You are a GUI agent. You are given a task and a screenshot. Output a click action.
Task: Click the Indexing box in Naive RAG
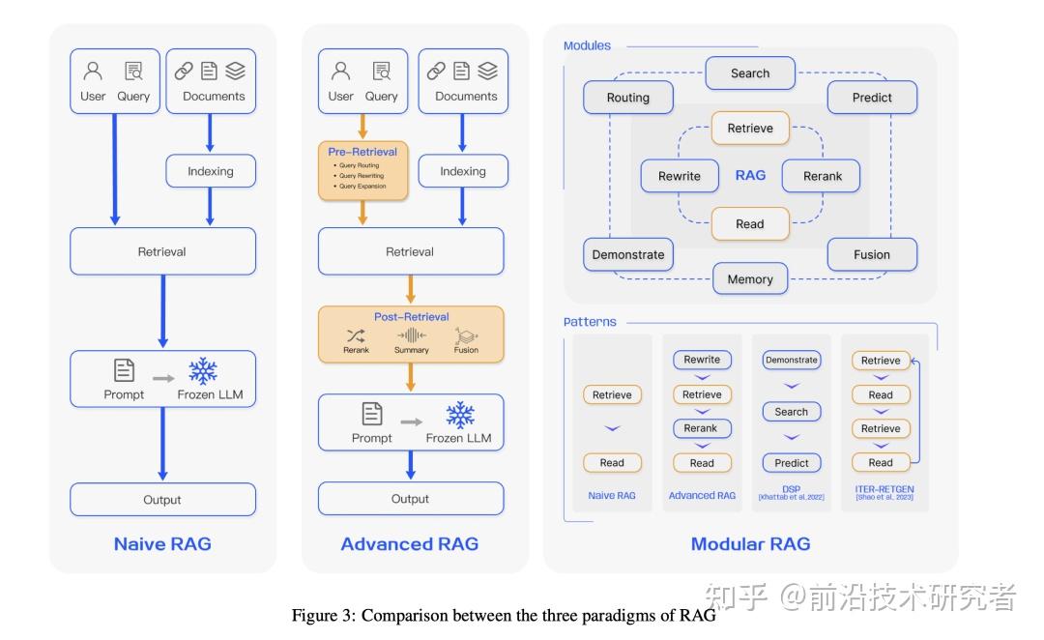[x=210, y=171]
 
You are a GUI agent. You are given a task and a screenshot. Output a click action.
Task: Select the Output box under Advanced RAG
[x=410, y=499]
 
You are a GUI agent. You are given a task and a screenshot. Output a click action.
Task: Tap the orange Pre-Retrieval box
[x=362, y=170]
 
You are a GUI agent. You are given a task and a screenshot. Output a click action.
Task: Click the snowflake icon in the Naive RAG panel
[x=203, y=371]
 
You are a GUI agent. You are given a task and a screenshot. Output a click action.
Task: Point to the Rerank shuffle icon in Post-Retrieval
[x=356, y=335]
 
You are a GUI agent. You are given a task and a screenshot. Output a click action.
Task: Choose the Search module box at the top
[x=750, y=73]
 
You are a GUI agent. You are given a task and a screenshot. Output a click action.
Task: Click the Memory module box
[x=750, y=279]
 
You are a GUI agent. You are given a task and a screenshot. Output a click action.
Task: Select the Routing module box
[x=628, y=98]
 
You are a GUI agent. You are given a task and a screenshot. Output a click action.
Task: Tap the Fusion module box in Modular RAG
[x=871, y=254]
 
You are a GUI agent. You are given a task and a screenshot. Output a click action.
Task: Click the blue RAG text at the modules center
[x=750, y=175]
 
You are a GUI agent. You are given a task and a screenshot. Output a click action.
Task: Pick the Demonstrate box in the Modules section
[x=628, y=254]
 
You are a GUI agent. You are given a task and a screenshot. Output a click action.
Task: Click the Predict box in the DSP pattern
[x=791, y=462]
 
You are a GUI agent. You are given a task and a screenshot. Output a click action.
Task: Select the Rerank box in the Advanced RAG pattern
[x=701, y=428]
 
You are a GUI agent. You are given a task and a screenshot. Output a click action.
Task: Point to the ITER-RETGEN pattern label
[x=884, y=489]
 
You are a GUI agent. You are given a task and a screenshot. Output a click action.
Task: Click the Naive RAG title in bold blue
[x=162, y=543]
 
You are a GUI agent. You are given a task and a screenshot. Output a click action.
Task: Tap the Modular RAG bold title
[x=750, y=543]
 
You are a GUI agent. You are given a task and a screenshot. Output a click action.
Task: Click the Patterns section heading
[x=590, y=322]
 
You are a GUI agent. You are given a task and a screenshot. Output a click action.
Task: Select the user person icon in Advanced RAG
[x=340, y=71]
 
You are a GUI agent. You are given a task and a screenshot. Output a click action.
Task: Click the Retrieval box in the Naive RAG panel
[x=162, y=251]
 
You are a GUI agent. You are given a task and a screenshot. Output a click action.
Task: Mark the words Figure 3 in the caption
[x=323, y=616]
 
